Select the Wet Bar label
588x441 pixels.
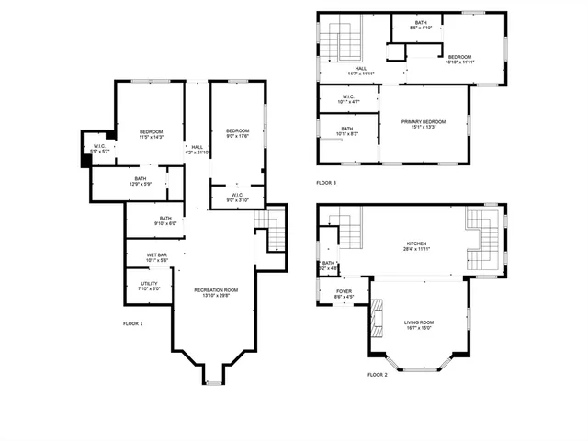(x=157, y=257)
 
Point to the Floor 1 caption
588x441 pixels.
(x=133, y=324)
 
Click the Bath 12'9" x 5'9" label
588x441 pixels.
(x=140, y=181)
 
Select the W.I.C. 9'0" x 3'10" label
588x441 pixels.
(x=236, y=197)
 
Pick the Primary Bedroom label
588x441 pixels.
(x=424, y=124)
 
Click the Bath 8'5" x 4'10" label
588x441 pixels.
(x=420, y=25)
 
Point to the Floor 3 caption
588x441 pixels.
(x=326, y=183)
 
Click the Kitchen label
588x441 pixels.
(x=417, y=245)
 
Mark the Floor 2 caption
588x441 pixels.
(x=378, y=375)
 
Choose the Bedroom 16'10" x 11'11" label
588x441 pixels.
(x=460, y=59)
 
